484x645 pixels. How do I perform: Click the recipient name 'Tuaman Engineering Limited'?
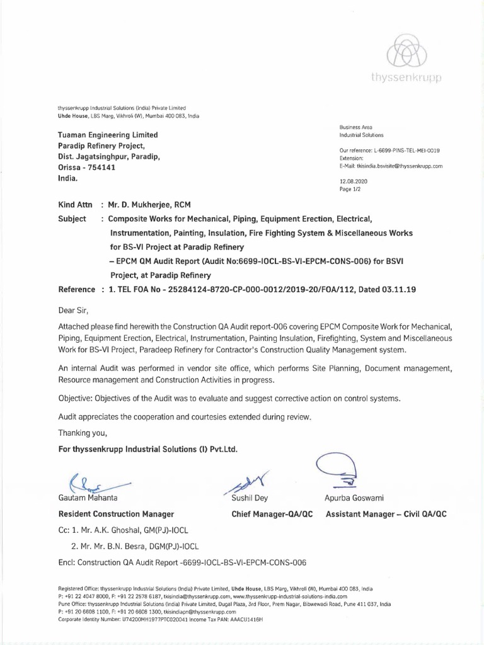[108, 135]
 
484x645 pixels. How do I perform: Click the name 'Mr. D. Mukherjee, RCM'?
[149, 205]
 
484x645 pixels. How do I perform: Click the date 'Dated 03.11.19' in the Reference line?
[385, 290]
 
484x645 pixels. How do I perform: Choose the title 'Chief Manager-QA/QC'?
[272, 514]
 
